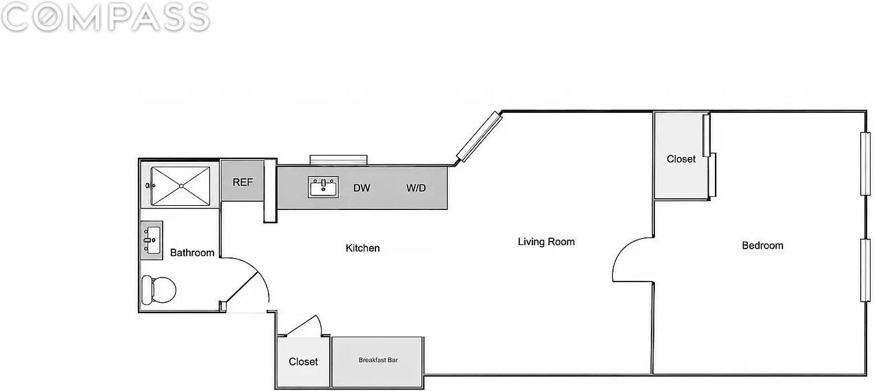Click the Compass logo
click(x=105, y=17)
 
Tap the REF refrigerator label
click(x=242, y=182)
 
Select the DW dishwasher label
click(x=362, y=188)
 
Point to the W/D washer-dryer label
click(x=416, y=188)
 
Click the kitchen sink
click(x=323, y=187)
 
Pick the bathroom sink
click(x=152, y=240)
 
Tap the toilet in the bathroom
click(x=158, y=290)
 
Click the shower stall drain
click(x=181, y=187)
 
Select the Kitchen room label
click(x=362, y=248)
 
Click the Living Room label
click(x=546, y=242)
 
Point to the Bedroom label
click(x=762, y=246)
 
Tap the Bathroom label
click(x=192, y=253)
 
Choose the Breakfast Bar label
click(x=378, y=360)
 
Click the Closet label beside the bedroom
click(x=681, y=159)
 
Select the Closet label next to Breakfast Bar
click(x=303, y=362)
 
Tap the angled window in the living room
click(x=479, y=136)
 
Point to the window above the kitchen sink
click(x=339, y=160)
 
